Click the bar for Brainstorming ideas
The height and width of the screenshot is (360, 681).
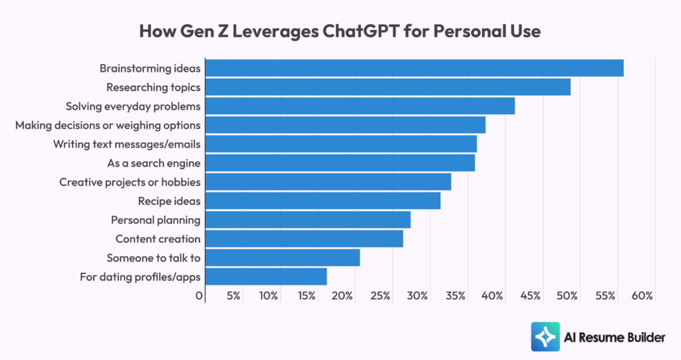coord(414,68)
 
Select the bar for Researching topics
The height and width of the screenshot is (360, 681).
coord(387,87)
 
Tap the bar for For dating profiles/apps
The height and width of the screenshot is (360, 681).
coord(265,277)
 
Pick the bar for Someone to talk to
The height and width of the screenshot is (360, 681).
coord(282,258)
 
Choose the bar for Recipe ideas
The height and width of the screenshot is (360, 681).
coord(323,201)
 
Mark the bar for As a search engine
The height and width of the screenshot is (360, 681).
coord(339,163)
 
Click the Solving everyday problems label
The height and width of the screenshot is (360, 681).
coord(133,106)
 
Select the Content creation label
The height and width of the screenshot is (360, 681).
coord(158,239)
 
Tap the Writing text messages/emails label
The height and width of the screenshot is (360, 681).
coord(127,144)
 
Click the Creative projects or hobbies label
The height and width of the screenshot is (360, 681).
coord(130,182)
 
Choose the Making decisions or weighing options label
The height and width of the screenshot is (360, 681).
coord(108,125)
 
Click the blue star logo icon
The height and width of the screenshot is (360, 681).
coord(545,337)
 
